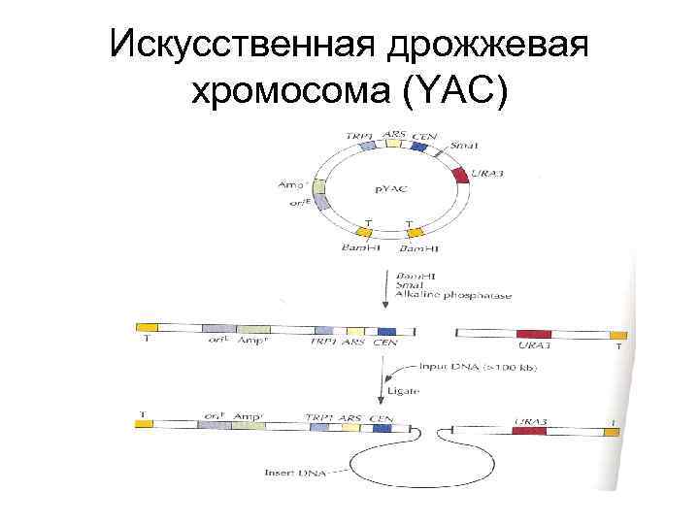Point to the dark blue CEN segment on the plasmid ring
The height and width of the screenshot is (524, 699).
[419, 147]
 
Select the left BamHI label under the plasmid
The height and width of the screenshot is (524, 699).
[361, 248]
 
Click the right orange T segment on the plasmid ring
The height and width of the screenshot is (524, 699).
[414, 232]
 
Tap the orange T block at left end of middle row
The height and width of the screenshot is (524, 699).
[147, 328]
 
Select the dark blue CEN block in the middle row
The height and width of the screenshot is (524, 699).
[387, 332]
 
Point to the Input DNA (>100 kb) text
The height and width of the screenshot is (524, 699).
[477, 368]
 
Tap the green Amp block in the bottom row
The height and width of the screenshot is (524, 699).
[249, 424]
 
